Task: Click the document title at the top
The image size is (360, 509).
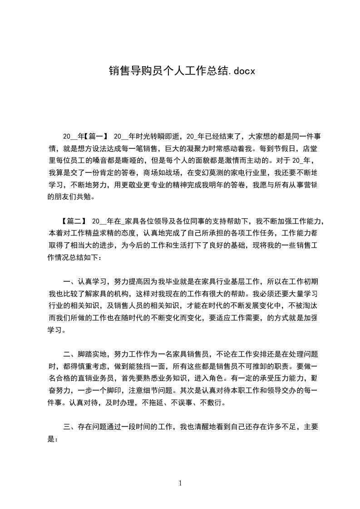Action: click(182, 71)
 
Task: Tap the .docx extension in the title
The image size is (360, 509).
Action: click(240, 71)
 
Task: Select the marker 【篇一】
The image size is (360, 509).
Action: click(96, 136)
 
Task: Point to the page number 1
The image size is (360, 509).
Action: click(180, 483)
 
